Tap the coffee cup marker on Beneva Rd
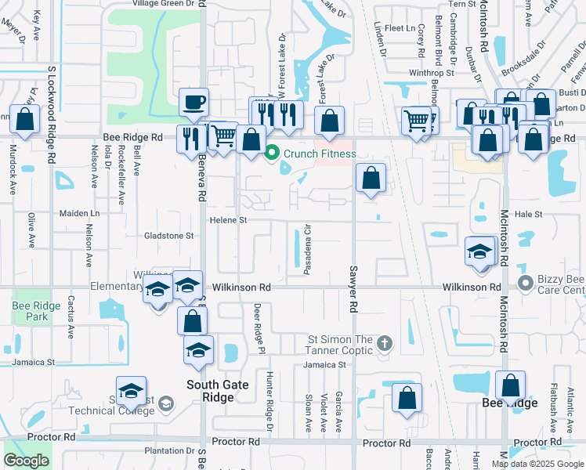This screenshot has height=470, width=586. (x=194, y=102)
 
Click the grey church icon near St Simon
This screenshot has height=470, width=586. (x=384, y=343)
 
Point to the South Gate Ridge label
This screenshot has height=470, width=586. (x=210, y=391)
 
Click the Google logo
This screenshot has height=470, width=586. (x=26, y=461)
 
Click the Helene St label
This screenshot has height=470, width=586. (x=227, y=221)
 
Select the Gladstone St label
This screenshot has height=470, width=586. (x=168, y=236)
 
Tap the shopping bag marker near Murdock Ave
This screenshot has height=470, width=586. (x=24, y=120)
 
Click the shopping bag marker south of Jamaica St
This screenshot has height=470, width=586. (x=407, y=397)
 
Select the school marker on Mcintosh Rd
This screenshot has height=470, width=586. (x=479, y=251)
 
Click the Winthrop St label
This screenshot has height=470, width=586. (x=432, y=73)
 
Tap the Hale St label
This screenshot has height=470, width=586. (x=529, y=213)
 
